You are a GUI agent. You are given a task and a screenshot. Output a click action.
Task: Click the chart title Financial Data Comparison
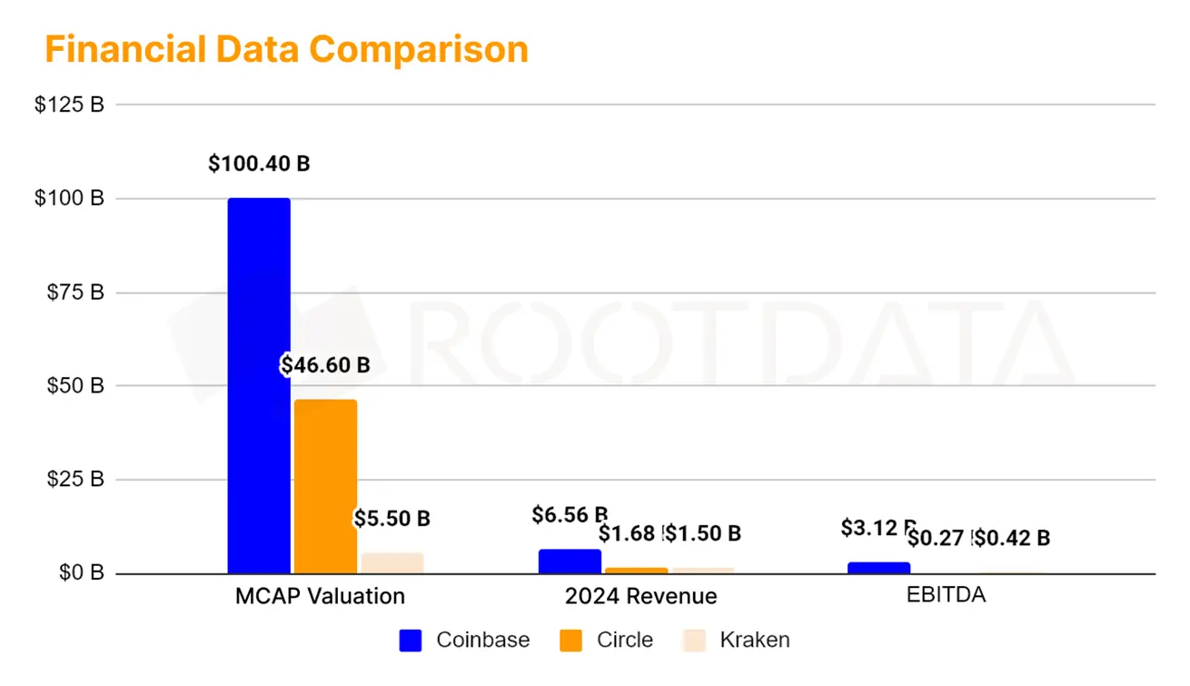286,49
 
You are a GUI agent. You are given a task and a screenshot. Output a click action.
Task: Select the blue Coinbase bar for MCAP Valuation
259,386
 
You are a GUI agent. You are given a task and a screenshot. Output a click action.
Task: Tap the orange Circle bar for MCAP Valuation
325,486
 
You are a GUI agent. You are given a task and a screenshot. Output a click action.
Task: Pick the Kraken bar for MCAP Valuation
392,562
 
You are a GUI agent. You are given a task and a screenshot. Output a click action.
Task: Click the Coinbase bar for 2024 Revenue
570,562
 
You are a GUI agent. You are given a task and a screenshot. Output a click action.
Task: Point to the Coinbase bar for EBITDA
878,568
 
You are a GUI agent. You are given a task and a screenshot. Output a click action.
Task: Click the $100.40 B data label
259,164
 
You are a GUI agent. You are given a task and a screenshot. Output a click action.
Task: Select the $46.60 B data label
325,365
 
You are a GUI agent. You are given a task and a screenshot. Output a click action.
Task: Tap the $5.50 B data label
392,519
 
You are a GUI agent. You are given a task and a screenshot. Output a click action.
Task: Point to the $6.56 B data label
570,515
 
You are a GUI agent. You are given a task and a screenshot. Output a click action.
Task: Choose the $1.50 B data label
703,533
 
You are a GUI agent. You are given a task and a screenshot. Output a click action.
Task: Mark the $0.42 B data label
1012,538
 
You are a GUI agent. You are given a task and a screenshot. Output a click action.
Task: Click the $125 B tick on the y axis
69,104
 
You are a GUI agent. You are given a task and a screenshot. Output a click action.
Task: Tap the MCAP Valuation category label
320,596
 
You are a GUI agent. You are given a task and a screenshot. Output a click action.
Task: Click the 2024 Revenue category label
640,596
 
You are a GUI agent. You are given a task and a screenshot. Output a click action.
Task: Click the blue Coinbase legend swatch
411,641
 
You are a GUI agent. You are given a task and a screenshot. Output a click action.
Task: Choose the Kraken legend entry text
754,640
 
